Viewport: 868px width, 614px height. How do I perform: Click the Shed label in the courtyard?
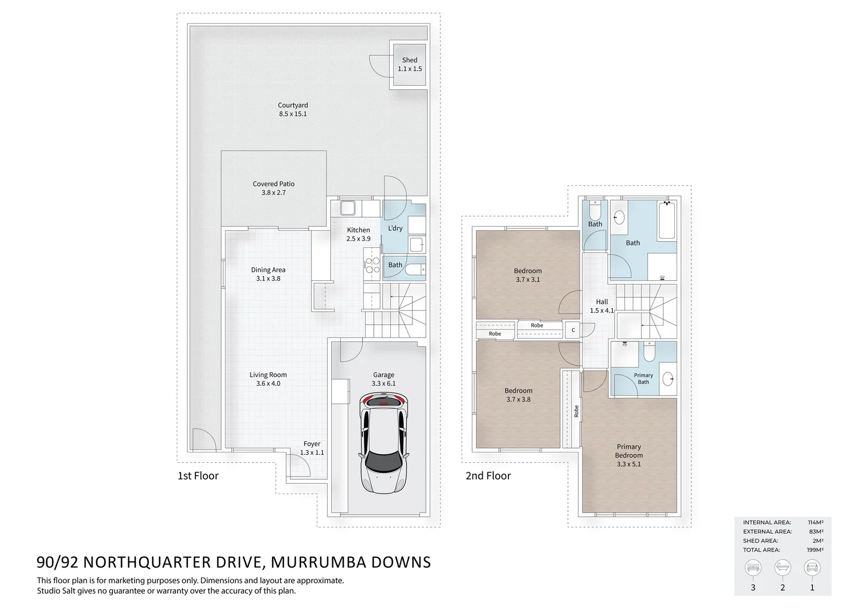[x=410, y=64]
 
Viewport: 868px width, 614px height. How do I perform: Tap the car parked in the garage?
[x=383, y=443]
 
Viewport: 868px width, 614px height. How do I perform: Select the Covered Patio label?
[x=274, y=188]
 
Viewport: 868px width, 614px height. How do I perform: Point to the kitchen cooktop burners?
[x=372, y=265]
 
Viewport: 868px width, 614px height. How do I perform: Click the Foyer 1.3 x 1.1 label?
[x=312, y=448]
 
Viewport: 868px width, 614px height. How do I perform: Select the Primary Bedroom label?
[x=629, y=455]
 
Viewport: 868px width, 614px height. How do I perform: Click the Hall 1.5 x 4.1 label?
[x=602, y=306]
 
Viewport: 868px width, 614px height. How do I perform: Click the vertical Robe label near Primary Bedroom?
[x=576, y=411]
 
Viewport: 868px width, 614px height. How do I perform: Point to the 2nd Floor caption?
[x=488, y=476]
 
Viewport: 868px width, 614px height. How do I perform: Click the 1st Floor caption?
[x=198, y=476]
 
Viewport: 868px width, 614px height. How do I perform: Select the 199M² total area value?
[x=815, y=550]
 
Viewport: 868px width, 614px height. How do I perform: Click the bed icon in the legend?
[x=753, y=567]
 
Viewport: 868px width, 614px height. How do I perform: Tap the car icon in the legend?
[x=812, y=567]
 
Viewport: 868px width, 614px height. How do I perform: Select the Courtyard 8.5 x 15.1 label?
[x=293, y=109]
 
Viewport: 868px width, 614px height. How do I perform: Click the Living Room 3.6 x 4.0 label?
[x=268, y=379]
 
